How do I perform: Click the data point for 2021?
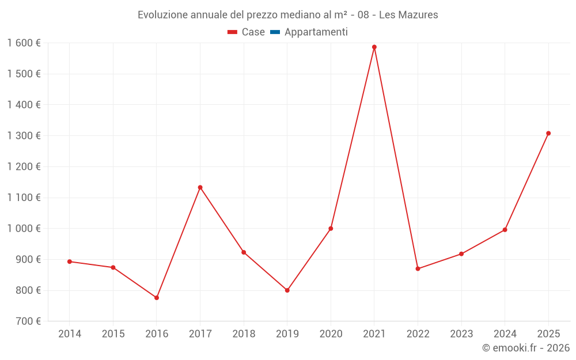point(374,47)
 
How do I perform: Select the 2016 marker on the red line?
point(157,298)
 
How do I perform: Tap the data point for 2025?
point(548,134)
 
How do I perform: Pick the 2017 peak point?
point(200,187)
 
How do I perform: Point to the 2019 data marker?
point(287,290)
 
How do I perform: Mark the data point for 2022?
point(418,269)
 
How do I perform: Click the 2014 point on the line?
point(70,262)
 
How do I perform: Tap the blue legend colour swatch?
point(275,32)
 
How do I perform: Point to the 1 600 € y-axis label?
point(24,43)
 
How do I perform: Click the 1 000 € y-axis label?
point(24,229)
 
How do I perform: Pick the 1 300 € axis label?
point(24,136)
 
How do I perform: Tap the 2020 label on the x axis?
point(331,334)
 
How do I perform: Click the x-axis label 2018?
point(244,334)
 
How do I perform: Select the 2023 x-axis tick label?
point(461,334)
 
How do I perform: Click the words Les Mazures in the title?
point(408,15)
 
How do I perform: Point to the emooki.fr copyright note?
point(526,348)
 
